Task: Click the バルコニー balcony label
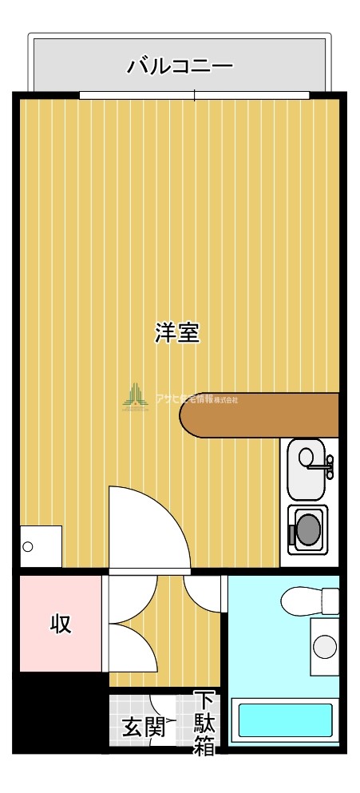tap(180, 65)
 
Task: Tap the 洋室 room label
tap(177, 332)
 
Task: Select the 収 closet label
tap(61, 624)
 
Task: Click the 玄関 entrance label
tap(144, 728)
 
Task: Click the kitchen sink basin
tap(307, 468)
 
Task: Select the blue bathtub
tap(285, 720)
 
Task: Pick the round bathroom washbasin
tap(325, 646)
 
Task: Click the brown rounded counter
tap(263, 416)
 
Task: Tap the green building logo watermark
tap(135, 395)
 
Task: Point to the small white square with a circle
tap(39, 547)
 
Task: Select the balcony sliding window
tap(194, 96)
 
